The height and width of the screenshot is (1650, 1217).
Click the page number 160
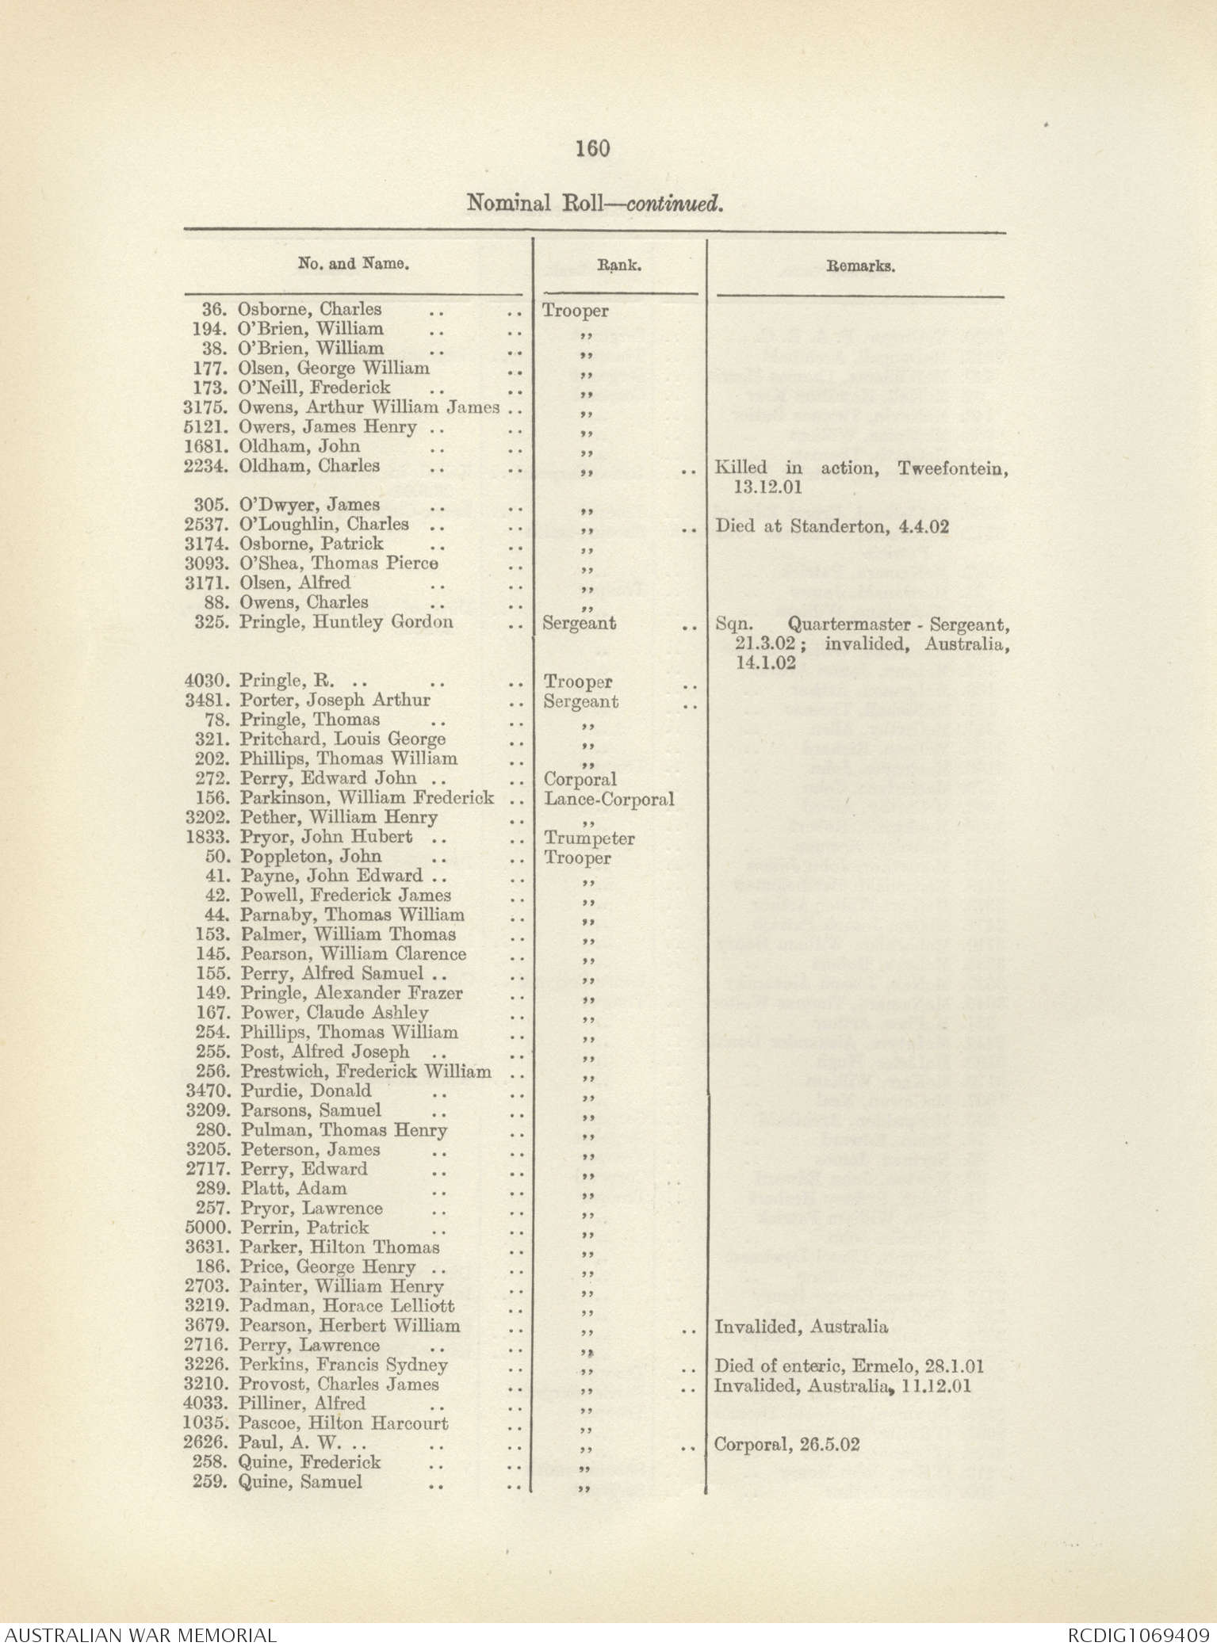(593, 148)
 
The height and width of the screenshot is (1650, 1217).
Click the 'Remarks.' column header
(860, 266)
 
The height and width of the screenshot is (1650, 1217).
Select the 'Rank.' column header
(618, 266)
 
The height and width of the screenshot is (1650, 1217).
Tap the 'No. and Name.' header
(353, 263)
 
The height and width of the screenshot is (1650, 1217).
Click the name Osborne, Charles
(309, 309)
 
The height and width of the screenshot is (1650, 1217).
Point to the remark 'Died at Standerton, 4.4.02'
(832, 526)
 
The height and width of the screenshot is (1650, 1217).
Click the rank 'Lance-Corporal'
(609, 799)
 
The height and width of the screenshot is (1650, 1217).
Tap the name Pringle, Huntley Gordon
(346, 622)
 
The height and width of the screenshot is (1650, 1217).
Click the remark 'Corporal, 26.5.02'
(786, 1444)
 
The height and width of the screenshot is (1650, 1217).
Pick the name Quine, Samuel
(300, 1482)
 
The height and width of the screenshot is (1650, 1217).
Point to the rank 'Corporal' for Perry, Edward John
(580, 779)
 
